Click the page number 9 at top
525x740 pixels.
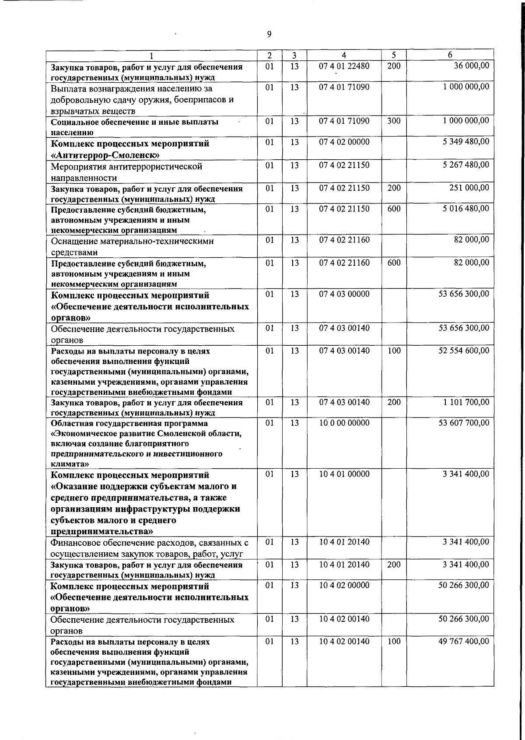pos(269,35)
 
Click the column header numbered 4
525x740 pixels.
pos(344,55)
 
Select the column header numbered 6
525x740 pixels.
pos(450,55)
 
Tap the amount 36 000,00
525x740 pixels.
pos(471,66)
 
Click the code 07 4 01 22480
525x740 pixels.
pos(344,66)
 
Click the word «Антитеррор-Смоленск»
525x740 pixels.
pos(105,155)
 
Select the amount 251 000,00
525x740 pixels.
pos(469,188)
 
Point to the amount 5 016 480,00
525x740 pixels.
pos(465,209)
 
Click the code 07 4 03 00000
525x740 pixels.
pos(344,294)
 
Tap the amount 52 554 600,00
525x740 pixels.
pos(464,351)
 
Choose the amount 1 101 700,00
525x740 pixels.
pos(465,402)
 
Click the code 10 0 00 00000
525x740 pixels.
pos(344,423)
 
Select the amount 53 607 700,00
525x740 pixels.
pos(464,423)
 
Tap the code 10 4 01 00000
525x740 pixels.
pos(344,474)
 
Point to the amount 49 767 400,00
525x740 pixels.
pos(464,642)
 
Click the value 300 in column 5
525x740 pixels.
pos(394,121)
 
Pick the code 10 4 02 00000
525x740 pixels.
pos(344,586)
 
